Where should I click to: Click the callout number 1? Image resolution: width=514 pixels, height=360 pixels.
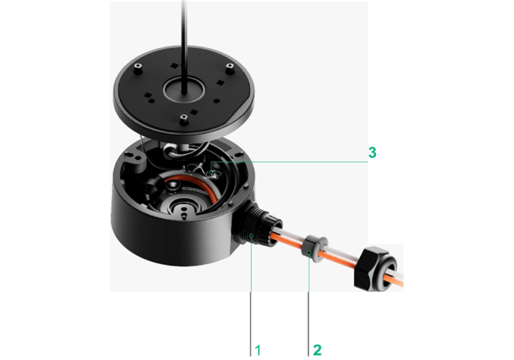[x=258, y=350]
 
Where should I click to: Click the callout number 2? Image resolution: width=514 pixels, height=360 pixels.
[x=317, y=350]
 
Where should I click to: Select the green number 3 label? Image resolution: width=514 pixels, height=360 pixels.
[x=373, y=152]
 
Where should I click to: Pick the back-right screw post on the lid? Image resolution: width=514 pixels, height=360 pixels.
[x=230, y=67]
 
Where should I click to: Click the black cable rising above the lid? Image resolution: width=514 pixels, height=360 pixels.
[x=183, y=31]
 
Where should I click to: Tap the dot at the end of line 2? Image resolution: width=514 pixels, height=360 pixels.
[x=308, y=254]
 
